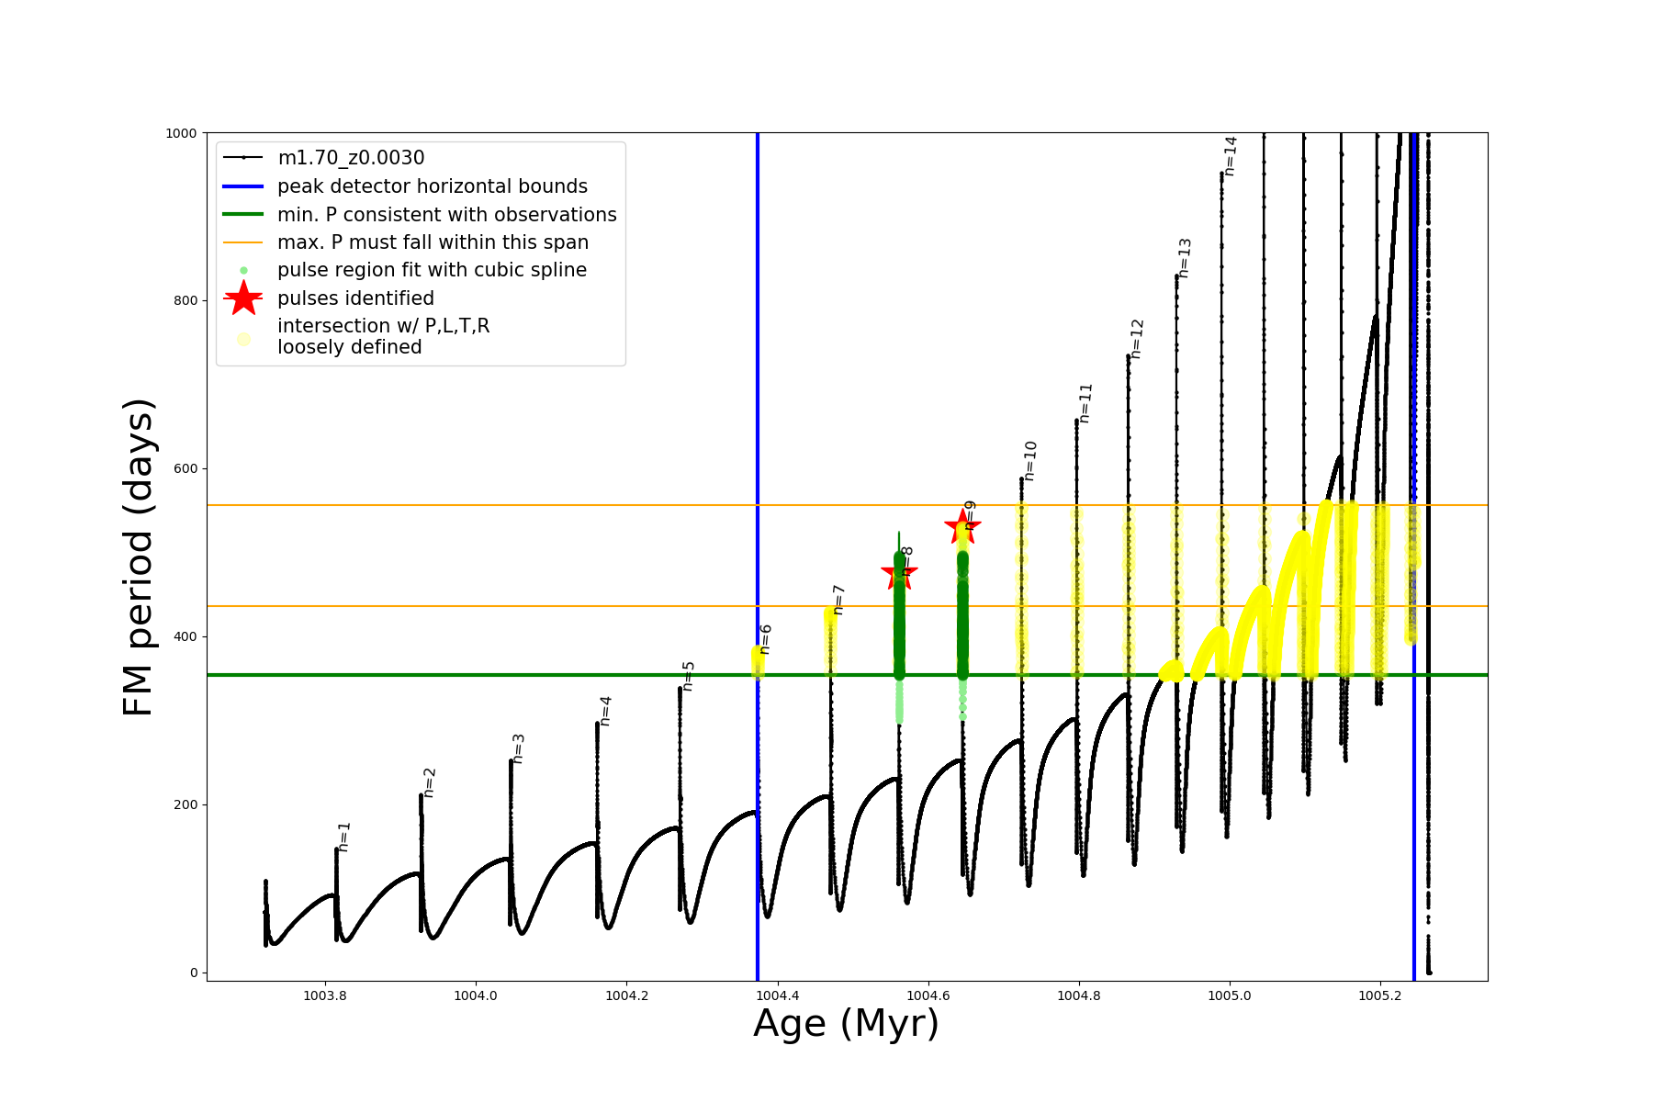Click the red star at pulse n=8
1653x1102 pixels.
click(x=899, y=574)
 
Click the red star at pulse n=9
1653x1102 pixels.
click(x=962, y=526)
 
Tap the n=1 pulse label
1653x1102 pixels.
click(x=344, y=837)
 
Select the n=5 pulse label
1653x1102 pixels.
click(x=689, y=676)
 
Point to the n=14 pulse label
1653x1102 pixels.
click(x=1231, y=156)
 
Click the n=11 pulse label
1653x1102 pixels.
click(x=1085, y=403)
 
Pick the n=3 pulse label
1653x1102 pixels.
click(x=518, y=748)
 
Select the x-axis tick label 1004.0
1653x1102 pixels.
click(x=476, y=995)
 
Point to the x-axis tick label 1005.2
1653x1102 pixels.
click(x=1380, y=995)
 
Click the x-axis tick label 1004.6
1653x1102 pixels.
click(x=928, y=995)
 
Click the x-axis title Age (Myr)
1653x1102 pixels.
click(x=847, y=1024)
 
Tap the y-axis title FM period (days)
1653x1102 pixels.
click(x=138, y=557)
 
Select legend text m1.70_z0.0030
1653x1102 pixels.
click(x=351, y=158)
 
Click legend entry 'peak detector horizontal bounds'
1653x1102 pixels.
click(x=432, y=186)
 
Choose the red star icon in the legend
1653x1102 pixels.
click(x=243, y=298)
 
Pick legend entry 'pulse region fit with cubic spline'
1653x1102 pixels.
click(x=432, y=270)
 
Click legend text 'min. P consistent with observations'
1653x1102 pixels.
click(x=446, y=214)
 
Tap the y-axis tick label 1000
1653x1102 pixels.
click(x=181, y=133)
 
